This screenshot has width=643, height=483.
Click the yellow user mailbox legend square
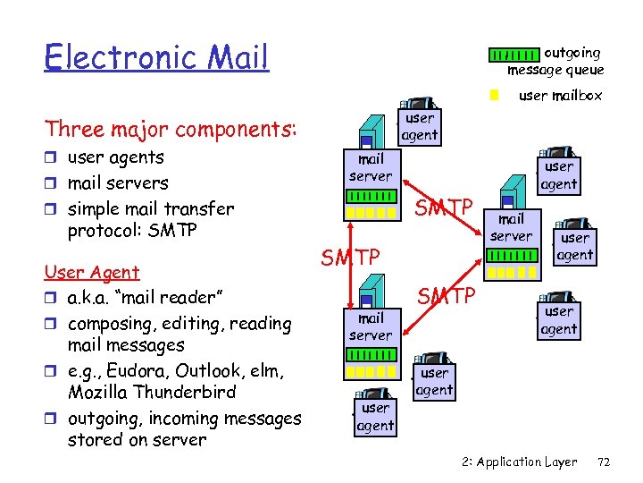click(x=493, y=94)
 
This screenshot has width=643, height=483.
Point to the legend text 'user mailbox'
click(x=560, y=95)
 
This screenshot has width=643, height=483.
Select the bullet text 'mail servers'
click(x=118, y=183)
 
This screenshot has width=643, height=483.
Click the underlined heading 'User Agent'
click(x=92, y=273)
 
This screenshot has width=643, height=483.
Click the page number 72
click(x=604, y=462)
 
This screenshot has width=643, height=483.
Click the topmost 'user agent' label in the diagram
click(x=419, y=127)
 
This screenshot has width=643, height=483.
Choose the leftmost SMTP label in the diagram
click(x=351, y=258)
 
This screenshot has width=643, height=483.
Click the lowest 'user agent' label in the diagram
click(x=375, y=417)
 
